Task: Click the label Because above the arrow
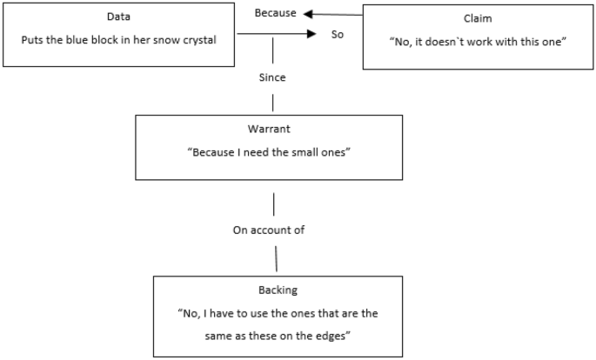(x=275, y=14)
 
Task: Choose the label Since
(x=272, y=77)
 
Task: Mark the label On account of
(x=274, y=230)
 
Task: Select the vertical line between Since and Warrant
(x=273, y=100)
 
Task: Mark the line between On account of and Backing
(x=276, y=257)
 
